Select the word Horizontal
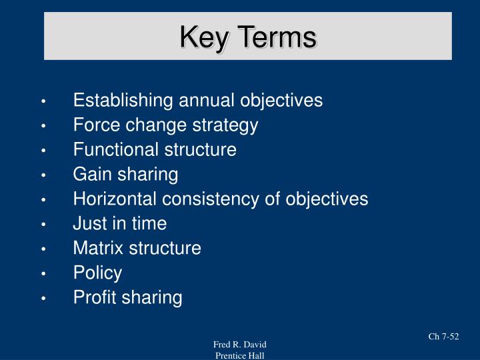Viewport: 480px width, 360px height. pyautogui.click(x=115, y=199)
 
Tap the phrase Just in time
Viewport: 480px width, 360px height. pyautogui.click(x=120, y=223)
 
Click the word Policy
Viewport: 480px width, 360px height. pyautogui.click(x=97, y=273)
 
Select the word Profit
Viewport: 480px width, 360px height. pyautogui.click(x=93, y=297)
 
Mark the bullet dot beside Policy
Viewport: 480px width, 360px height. pyautogui.click(x=43, y=273)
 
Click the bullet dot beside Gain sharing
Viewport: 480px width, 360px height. pyautogui.click(x=43, y=175)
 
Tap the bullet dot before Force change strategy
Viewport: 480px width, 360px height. pyautogui.click(x=43, y=126)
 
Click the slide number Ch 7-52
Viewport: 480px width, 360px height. pyautogui.click(x=443, y=337)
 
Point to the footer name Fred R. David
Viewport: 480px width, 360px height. pyautogui.click(x=240, y=344)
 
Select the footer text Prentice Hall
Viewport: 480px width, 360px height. pyautogui.click(x=240, y=355)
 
